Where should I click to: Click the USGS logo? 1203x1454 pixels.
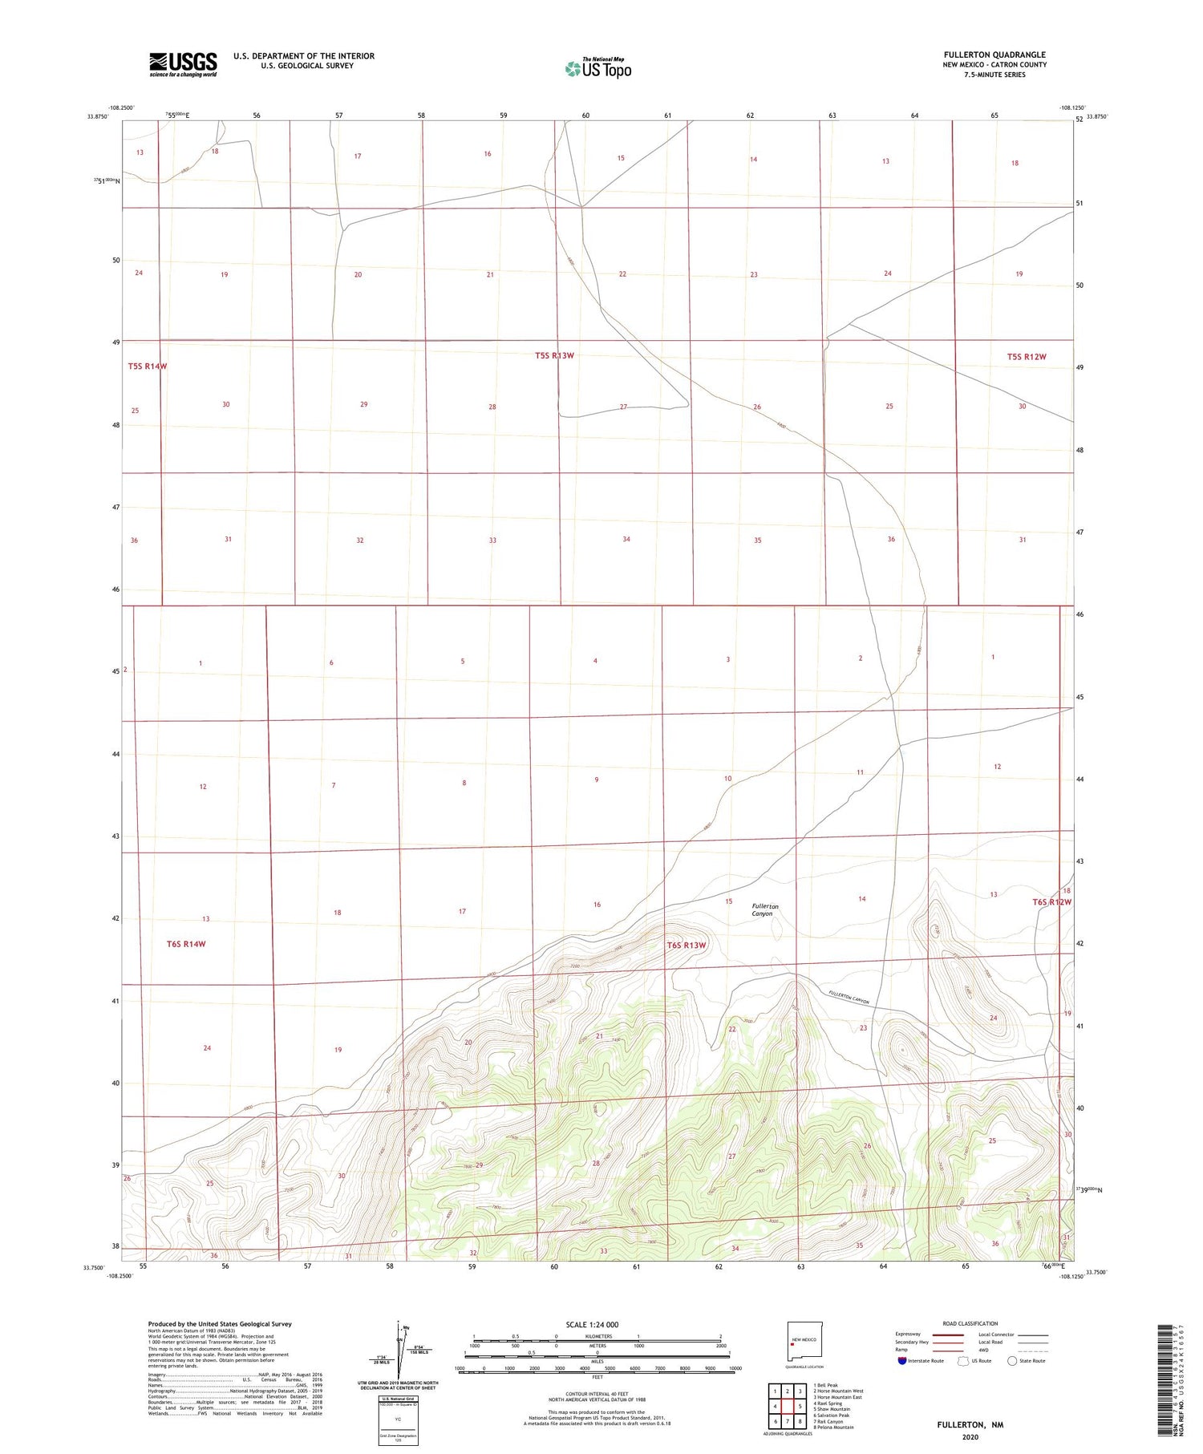tap(183, 64)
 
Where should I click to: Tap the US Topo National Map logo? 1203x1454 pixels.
tap(597, 68)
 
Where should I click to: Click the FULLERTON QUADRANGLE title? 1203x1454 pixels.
tap(994, 55)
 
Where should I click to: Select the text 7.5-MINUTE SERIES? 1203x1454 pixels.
tap(994, 75)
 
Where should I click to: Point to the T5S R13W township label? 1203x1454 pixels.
tap(554, 355)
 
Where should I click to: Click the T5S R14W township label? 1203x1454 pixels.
tap(148, 367)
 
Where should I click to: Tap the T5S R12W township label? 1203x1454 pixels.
tap(1027, 357)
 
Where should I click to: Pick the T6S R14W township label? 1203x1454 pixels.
tap(186, 944)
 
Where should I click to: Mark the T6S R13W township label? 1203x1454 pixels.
tap(687, 945)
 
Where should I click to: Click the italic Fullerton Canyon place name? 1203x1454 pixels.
tap(764, 909)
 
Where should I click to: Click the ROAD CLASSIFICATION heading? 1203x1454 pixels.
tap(970, 1323)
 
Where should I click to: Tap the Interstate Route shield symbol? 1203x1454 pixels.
tap(902, 1360)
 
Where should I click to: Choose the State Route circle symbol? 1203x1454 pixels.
tap(1012, 1360)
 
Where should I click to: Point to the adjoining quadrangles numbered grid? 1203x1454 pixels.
tap(788, 1405)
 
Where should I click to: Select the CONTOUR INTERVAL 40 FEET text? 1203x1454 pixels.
tap(597, 1394)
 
